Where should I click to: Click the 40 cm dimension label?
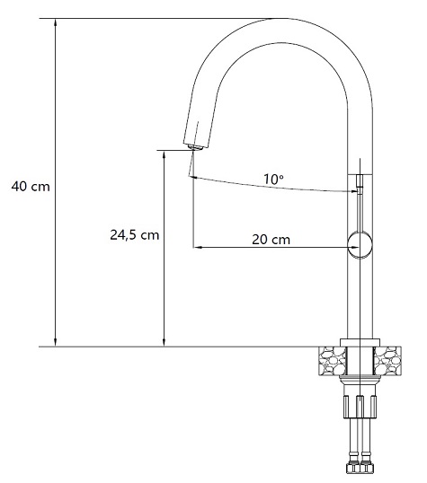pos(31,187)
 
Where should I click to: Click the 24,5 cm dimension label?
pos(135,235)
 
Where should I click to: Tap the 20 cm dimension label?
pos(271,240)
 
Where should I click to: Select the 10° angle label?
pos(273,179)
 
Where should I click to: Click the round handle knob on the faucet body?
pos(360,245)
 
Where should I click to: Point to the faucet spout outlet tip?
pos(195,147)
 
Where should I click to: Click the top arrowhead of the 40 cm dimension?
pos(56,22)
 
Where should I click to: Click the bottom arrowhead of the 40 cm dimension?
pos(56,343)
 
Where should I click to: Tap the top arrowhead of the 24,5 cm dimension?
pos(165,154)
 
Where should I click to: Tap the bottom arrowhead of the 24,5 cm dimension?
pos(165,343)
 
